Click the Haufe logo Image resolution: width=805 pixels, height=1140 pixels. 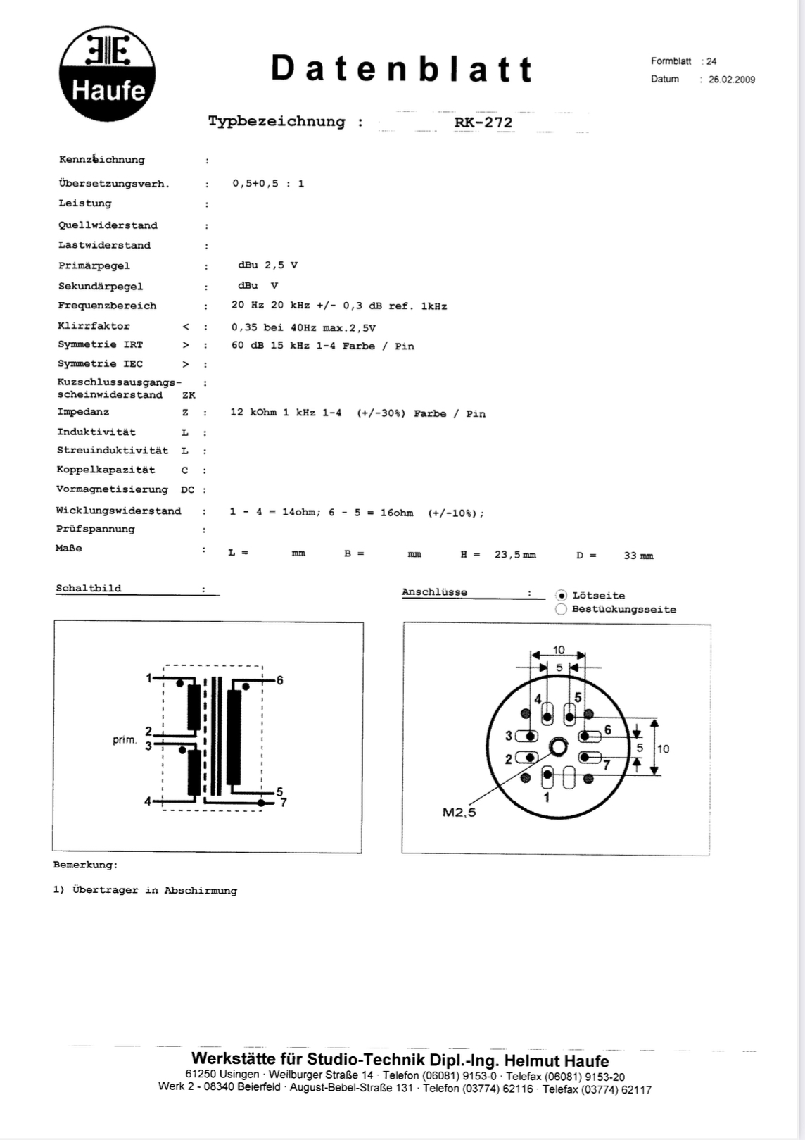pyautogui.click(x=107, y=75)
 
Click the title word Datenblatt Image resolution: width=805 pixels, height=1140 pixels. pyautogui.click(x=402, y=69)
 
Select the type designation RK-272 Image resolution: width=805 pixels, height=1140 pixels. pyautogui.click(x=483, y=123)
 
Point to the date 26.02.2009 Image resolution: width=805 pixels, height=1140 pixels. pyautogui.click(x=731, y=80)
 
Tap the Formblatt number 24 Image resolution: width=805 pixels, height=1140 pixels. pyautogui.click(x=711, y=61)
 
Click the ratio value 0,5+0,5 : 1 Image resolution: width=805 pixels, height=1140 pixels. pyautogui.click(x=268, y=184)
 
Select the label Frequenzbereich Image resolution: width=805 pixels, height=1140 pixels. pyautogui.click(x=107, y=306)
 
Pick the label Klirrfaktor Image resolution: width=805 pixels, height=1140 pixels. pyautogui.click(x=94, y=326)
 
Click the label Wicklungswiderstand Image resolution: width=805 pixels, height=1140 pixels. pyautogui.click(x=118, y=511)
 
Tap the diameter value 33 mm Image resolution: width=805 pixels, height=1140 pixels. pyautogui.click(x=638, y=556)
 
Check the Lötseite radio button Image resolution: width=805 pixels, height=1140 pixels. pyautogui.click(x=562, y=596)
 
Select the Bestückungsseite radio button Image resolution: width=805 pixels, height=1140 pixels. pyautogui.click(x=562, y=610)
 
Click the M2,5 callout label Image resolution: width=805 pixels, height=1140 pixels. pyautogui.click(x=459, y=813)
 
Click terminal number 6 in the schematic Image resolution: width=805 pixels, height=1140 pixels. pyautogui.click(x=279, y=680)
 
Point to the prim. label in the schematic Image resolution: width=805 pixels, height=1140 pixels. pyautogui.click(x=125, y=740)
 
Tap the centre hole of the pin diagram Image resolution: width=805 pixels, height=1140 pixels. pyautogui.click(x=559, y=747)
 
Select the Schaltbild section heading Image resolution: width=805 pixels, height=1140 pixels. pyautogui.click(x=89, y=589)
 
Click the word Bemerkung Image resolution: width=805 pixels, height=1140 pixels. pyautogui.click(x=85, y=865)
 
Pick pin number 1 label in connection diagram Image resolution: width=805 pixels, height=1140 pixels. pyautogui.click(x=547, y=797)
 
